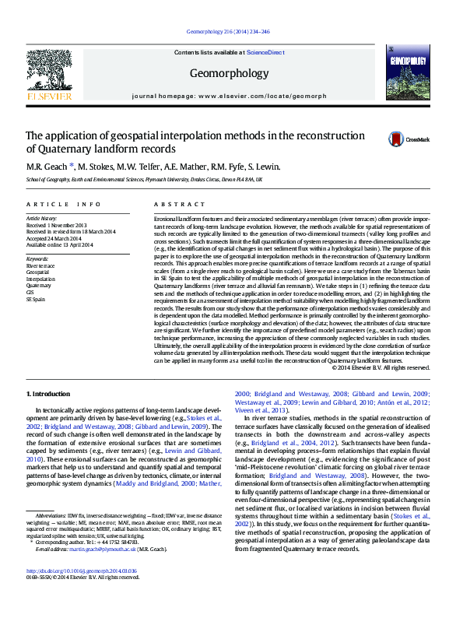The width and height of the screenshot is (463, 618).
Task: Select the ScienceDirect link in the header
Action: (265, 52)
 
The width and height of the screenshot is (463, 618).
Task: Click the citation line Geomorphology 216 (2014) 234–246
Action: (229, 32)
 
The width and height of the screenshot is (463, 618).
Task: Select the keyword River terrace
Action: (40, 265)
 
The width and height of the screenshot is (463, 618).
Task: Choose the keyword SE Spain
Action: (36, 298)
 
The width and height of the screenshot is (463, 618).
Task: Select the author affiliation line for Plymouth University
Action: (144, 178)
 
